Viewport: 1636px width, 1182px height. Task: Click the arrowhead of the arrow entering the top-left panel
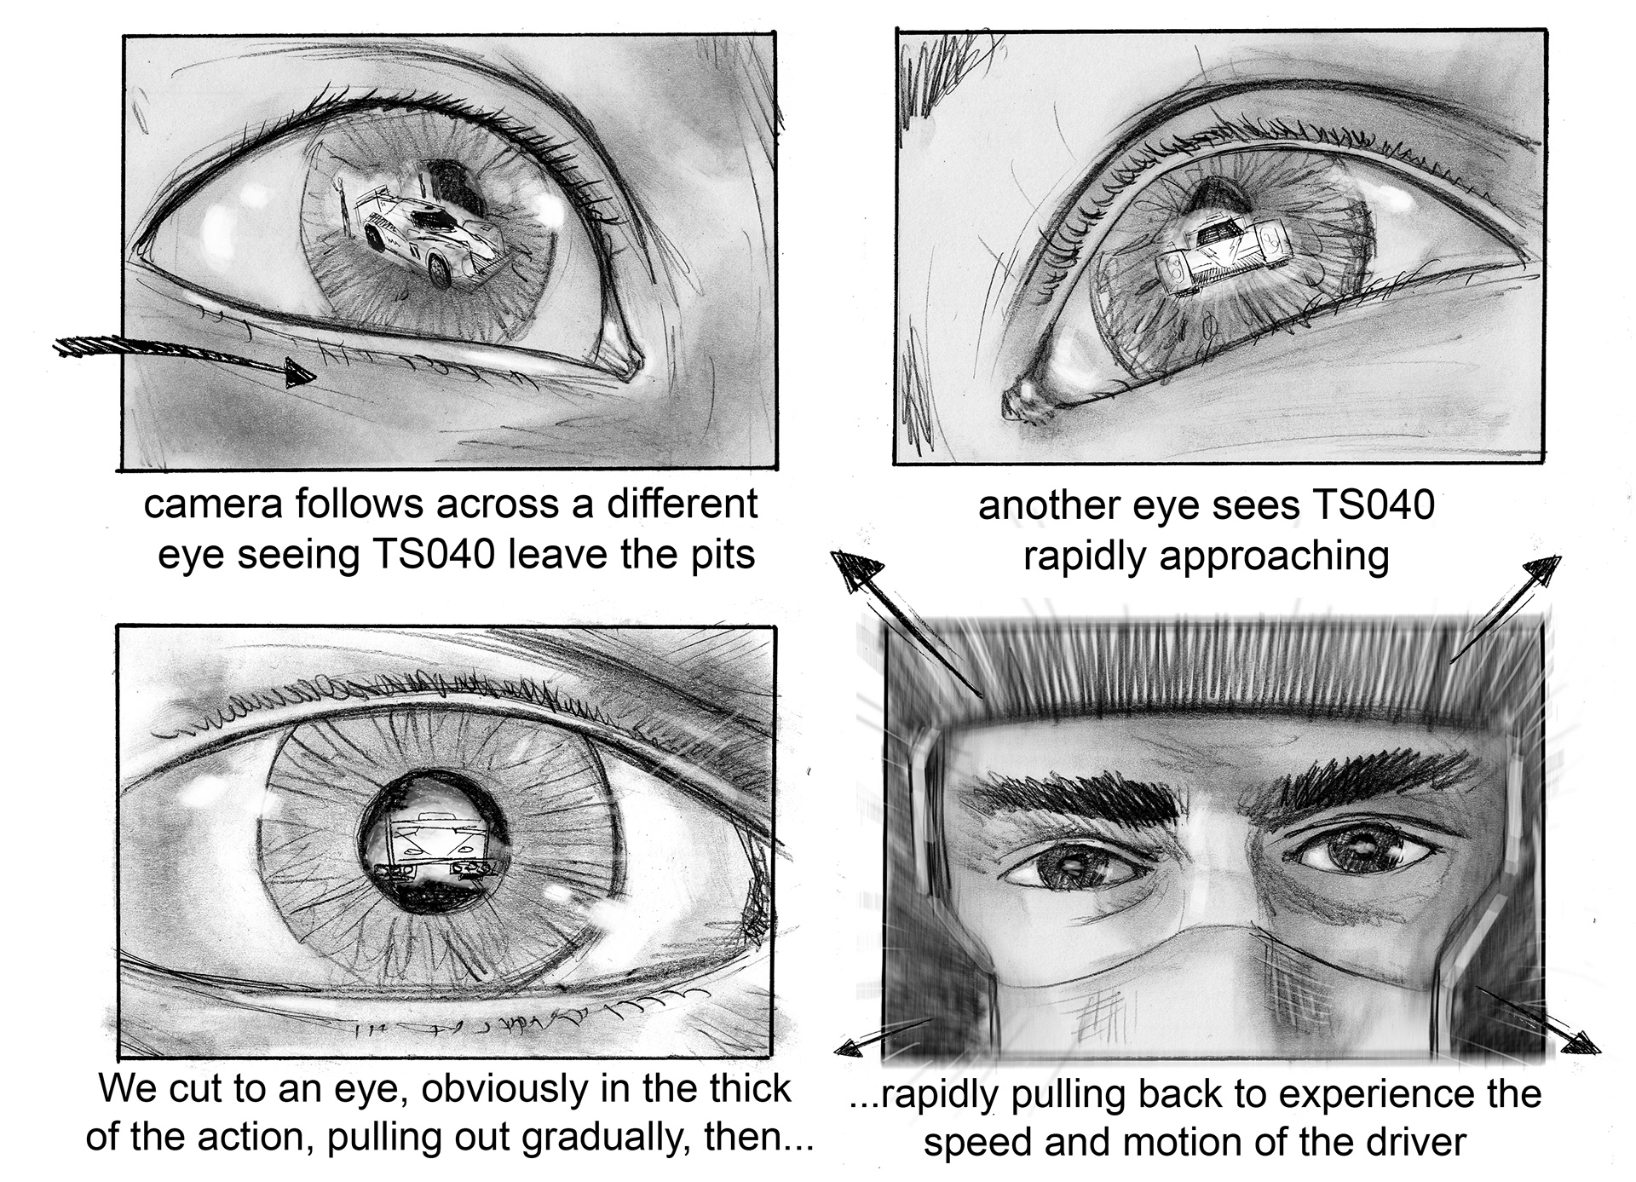click(298, 372)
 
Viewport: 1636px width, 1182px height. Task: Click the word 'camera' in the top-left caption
click(212, 504)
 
